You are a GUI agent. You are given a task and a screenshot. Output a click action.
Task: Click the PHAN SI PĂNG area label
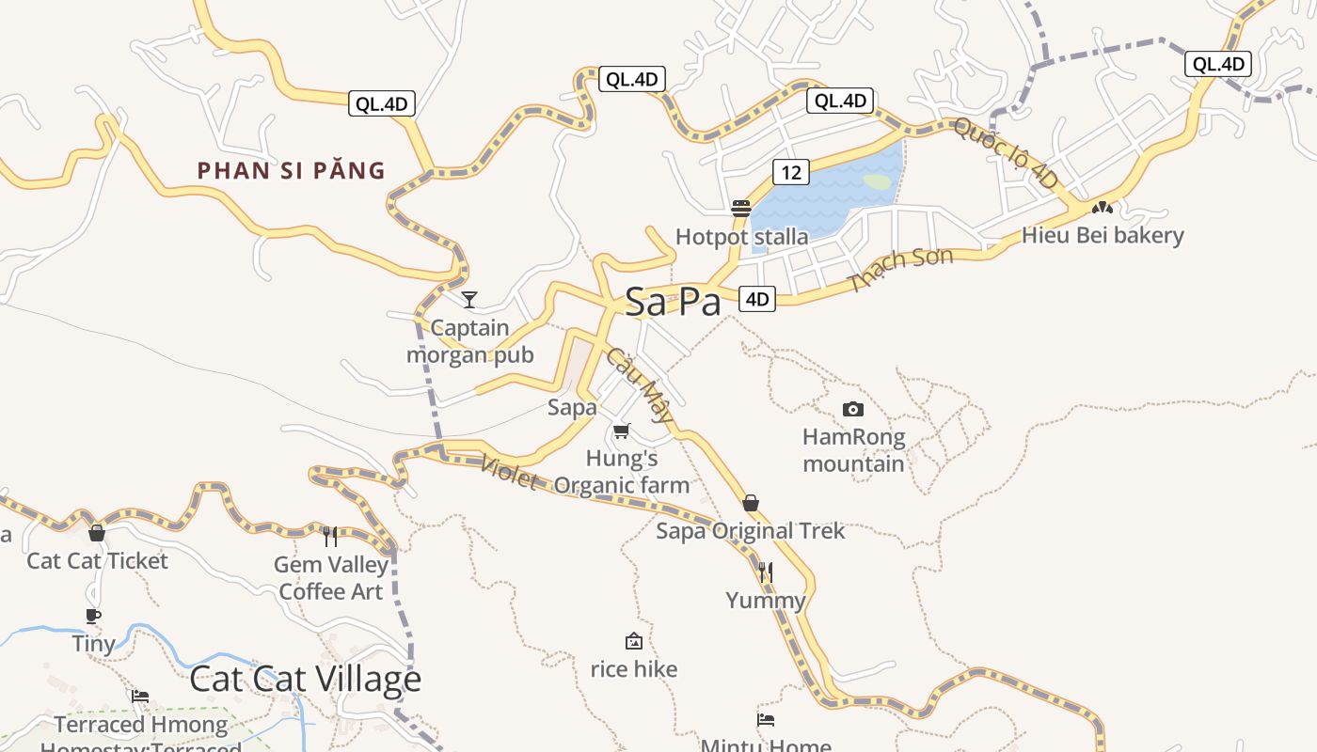pos(292,171)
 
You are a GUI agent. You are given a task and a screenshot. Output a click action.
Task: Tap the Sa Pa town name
pos(674,302)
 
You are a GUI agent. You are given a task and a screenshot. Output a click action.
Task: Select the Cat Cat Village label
pos(306,679)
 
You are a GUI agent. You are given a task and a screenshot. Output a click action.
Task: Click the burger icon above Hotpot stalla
pos(741,208)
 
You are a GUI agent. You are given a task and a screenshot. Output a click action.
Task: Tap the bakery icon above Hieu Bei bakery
pos(1103,207)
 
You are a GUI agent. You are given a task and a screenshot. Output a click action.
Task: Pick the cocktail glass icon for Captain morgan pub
pos(469,300)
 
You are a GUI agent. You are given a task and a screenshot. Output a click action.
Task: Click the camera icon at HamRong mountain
pos(853,409)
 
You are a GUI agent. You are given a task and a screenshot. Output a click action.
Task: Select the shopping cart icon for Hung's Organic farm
pos(621,431)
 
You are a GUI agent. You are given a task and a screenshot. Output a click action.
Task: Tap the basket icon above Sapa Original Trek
pos(751,503)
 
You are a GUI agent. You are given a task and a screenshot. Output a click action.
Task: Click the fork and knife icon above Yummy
pos(766,572)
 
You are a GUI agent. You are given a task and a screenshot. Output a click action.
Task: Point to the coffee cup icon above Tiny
pos(93,616)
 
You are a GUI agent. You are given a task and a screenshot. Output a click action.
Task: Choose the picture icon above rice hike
pos(634,641)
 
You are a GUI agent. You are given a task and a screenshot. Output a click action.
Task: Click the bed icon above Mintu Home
pos(766,720)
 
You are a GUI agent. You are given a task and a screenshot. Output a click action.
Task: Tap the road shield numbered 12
pos(791,172)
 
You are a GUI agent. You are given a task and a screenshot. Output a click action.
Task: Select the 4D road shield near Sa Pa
pos(757,300)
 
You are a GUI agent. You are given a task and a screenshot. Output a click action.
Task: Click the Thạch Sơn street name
pos(901,269)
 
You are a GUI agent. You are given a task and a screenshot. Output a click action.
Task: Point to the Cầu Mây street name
pos(641,384)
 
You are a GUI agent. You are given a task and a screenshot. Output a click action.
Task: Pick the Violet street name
pos(509,473)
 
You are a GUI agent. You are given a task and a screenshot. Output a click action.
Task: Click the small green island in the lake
pos(877,181)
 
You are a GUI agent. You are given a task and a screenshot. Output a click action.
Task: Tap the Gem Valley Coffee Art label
pos(331,578)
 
